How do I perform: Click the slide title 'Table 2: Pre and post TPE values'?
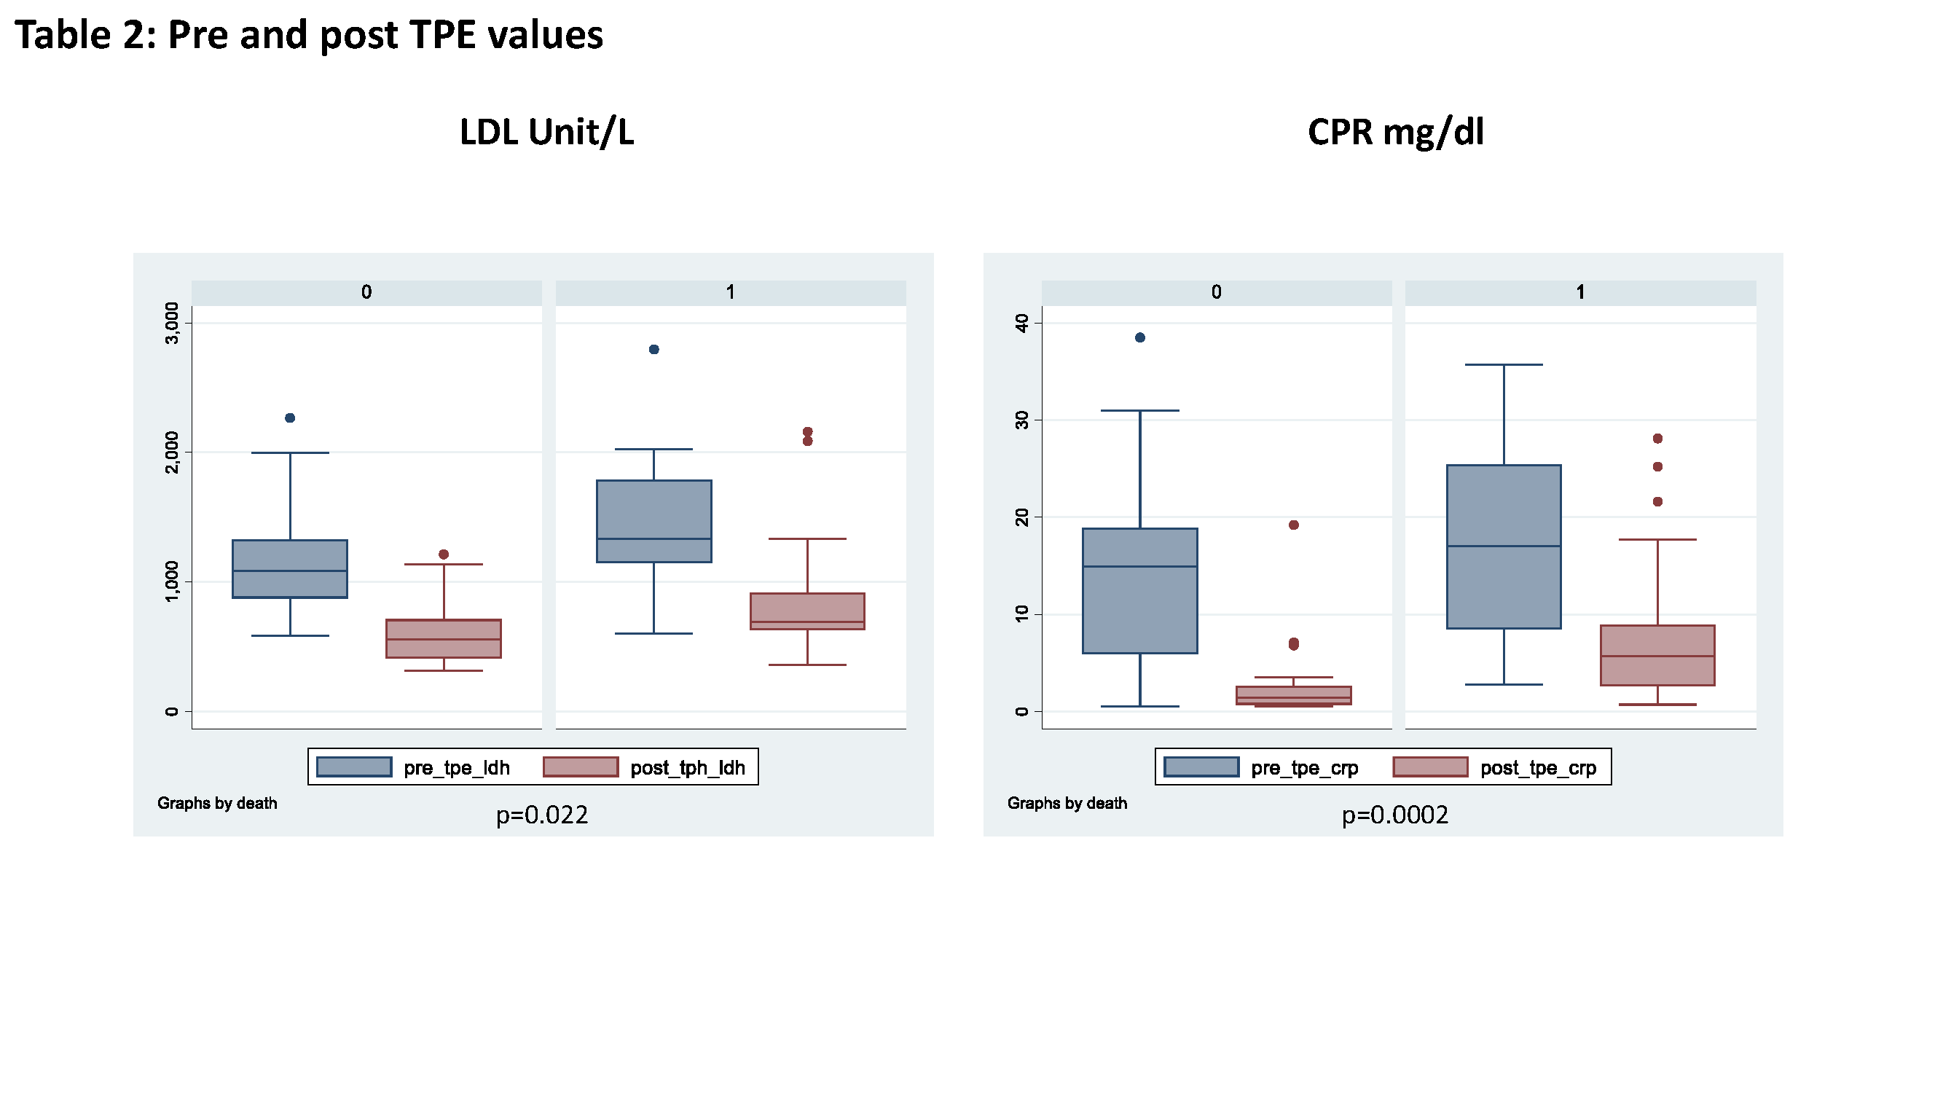[309, 35]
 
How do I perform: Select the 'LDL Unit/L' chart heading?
[547, 132]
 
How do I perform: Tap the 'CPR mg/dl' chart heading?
[1395, 132]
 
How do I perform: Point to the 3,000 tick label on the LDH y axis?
[173, 323]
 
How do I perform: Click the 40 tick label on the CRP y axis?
[1022, 324]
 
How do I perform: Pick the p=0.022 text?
[541, 815]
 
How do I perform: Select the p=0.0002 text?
[1394, 815]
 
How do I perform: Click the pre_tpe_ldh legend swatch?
[354, 767]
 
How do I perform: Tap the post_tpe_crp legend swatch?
[1430, 767]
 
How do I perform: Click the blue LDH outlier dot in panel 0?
[290, 418]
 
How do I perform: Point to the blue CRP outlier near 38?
[1139, 337]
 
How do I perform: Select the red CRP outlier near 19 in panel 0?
[1294, 525]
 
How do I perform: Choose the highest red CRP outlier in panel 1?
[1658, 438]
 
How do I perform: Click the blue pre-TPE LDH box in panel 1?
[654, 520]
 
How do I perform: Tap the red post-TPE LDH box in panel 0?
[444, 638]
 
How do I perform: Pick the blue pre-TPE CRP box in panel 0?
[1139, 590]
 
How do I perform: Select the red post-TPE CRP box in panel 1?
[1658, 655]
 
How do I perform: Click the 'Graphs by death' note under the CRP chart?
[1067, 803]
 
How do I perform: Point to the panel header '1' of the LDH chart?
[730, 293]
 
